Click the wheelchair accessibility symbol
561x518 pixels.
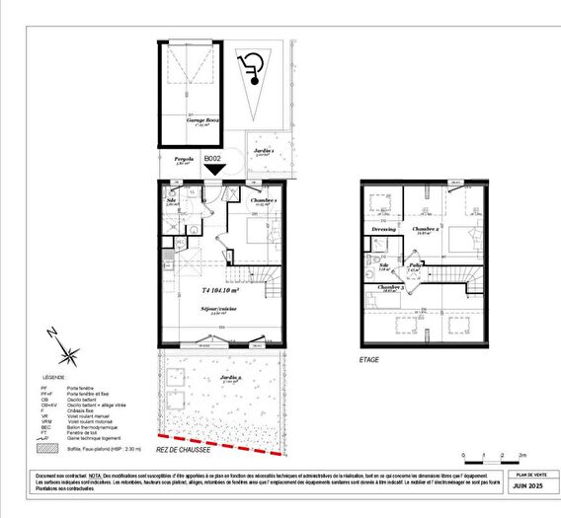click(253, 66)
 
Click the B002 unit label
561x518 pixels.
click(212, 158)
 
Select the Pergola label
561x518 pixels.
click(183, 158)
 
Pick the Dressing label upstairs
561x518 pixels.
click(383, 229)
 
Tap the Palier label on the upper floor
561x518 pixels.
click(417, 265)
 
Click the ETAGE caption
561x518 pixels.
click(368, 359)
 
